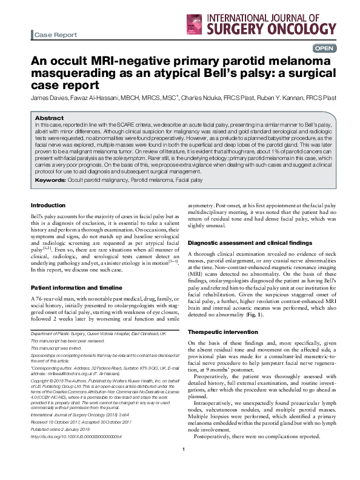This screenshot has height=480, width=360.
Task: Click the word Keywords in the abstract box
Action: coord(50,181)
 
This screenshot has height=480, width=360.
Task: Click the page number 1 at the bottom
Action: coord(183,465)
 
